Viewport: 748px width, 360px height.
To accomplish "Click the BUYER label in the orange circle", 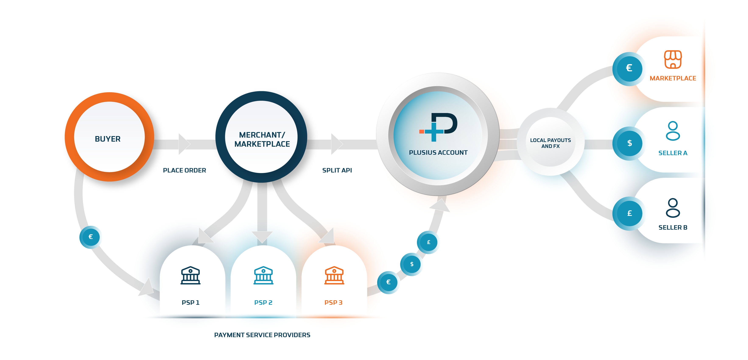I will pyautogui.click(x=108, y=139).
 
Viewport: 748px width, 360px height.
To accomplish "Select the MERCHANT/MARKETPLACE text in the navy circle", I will pyautogui.click(x=262, y=139).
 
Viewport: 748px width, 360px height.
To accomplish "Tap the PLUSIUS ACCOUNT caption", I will pyautogui.click(x=438, y=152).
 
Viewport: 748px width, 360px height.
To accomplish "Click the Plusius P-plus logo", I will pyautogui.click(x=438, y=127).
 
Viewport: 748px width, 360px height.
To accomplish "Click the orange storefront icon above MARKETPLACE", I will pyautogui.click(x=673, y=59).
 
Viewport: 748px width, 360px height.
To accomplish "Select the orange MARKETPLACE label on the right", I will pyautogui.click(x=673, y=78).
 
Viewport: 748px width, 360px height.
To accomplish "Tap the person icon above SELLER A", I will pyautogui.click(x=673, y=131).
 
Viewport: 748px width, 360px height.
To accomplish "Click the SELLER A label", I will pyautogui.click(x=673, y=153).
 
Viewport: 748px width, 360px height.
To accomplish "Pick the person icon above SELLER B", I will pyautogui.click(x=673, y=208).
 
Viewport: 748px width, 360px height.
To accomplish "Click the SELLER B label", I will pyautogui.click(x=673, y=228).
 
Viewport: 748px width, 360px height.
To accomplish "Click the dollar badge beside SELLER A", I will pyautogui.click(x=629, y=143).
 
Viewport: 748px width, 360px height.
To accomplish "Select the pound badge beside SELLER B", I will pyautogui.click(x=629, y=214).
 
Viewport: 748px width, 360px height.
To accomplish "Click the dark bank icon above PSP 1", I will pyautogui.click(x=190, y=275).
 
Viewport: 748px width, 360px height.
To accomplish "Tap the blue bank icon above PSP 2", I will pyautogui.click(x=263, y=275).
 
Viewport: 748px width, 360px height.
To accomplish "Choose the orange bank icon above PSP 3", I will pyautogui.click(x=334, y=275).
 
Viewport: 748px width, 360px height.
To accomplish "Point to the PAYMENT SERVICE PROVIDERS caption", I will pyautogui.click(x=262, y=335).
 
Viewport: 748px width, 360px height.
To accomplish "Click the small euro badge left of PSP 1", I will pyautogui.click(x=91, y=237).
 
